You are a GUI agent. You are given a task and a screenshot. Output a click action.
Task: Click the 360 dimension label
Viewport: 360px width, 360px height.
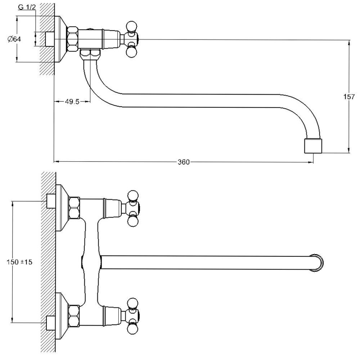183,162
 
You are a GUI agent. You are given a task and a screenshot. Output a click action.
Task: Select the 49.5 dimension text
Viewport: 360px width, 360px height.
72,102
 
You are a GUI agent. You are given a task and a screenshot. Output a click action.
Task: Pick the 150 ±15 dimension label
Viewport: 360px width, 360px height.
19,262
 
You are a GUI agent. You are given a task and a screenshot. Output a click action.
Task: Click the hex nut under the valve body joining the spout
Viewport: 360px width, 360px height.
90,54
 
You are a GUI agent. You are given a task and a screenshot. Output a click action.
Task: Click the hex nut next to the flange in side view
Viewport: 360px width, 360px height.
73,39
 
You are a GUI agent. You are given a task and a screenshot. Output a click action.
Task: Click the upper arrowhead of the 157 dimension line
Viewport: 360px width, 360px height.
348,42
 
